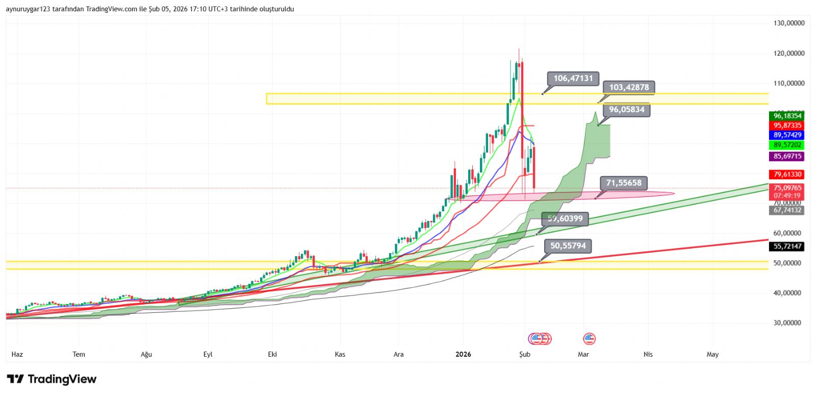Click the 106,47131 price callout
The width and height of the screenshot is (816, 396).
click(x=573, y=79)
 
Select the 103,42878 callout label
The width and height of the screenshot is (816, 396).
click(x=629, y=87)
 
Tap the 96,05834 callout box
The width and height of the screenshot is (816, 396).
click(x=626, y=110)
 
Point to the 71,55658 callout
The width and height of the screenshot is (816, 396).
click(x=623, y=183)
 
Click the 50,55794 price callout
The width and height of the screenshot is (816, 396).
click(x=568, y=246)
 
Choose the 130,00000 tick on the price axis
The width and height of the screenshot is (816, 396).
click(x=788, y=23)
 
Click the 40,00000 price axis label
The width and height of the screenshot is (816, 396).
click(x=788, y=293)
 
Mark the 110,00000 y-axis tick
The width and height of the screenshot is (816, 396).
click(x=788, y=83)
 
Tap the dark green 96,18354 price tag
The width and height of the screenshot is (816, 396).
click(x=787, y=116)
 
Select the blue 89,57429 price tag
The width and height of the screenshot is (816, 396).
click(x=787, y=135)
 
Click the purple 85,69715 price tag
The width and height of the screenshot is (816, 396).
click(x=787, y=156)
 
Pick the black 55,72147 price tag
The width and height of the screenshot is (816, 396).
click(x=787, y=246)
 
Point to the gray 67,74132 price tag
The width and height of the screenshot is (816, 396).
click(x=787, y=210)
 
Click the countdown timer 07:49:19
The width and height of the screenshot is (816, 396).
click(x=787, y=195)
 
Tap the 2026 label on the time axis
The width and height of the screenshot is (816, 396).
click(x=463, y=354)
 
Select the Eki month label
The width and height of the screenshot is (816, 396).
click(x=272, y=354)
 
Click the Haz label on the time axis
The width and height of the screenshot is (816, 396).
click(x=17, y=354)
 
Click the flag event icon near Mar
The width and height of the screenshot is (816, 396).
click(x=589, y=338)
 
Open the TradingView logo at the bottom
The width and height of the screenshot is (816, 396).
click(x=52, y=379)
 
